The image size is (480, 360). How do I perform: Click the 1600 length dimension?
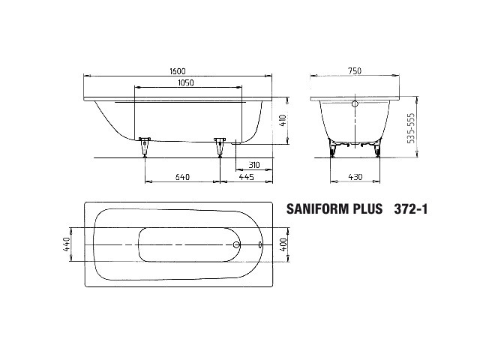click(178, 71)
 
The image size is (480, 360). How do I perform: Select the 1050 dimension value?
click(186, 82)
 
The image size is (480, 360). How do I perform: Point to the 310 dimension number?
click(254, 165)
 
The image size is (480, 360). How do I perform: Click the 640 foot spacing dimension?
click(182, 177)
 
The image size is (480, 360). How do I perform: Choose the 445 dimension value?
click(247, 177)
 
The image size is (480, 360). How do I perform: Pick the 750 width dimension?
click(355, 71)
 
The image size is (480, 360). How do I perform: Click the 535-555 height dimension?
click(412, 128)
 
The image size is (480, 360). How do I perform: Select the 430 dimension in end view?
click(355, 177)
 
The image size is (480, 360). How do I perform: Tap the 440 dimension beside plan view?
click(67, 244)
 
